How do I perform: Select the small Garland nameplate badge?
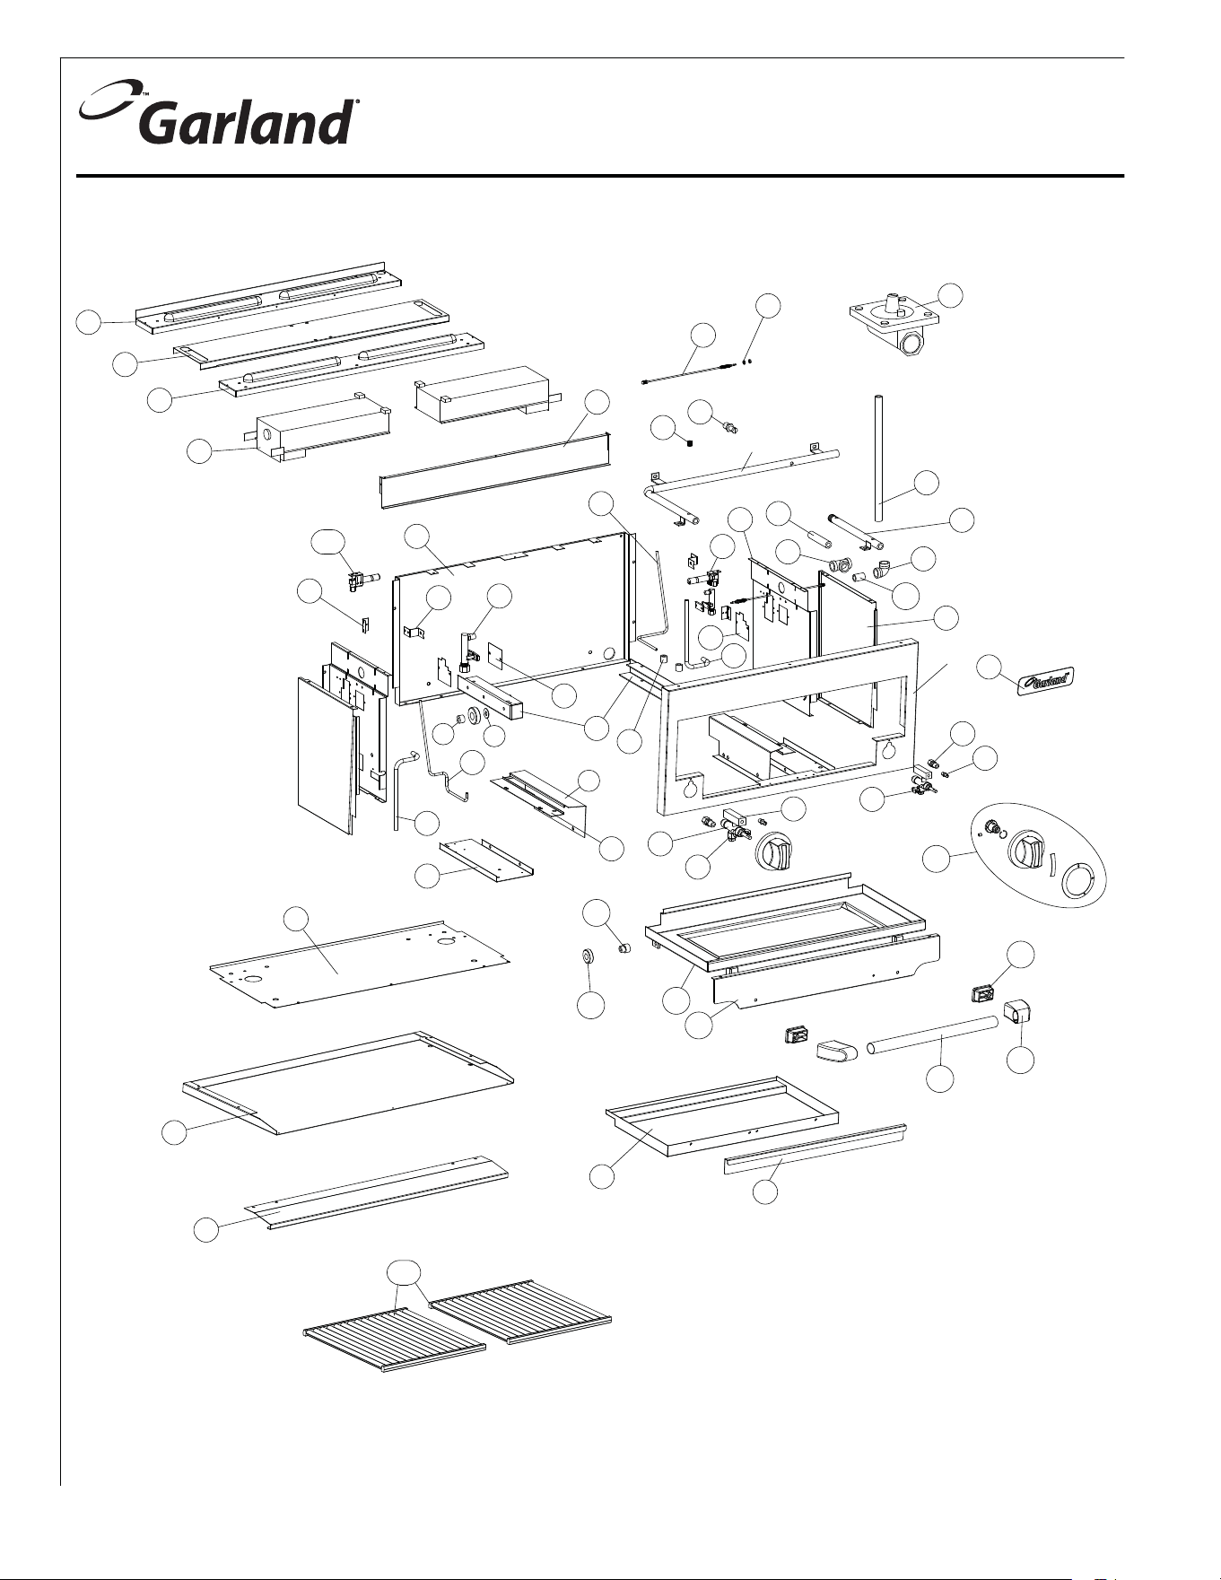click(x=1047, y=679)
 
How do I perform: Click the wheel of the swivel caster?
click(x=911, y=343)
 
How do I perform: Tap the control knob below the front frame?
click(x=775, y=850)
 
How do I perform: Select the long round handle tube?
click(x=932, y=1034)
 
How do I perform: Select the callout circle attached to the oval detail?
click(x=936, y=859)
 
